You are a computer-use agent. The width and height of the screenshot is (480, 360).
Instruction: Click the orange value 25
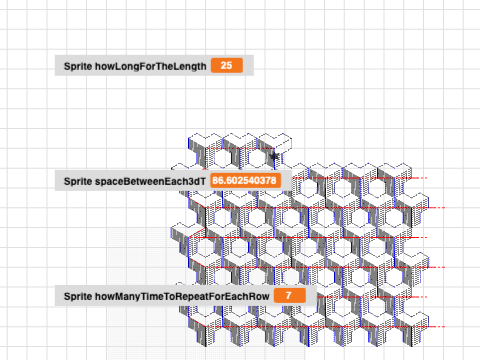point(226,66)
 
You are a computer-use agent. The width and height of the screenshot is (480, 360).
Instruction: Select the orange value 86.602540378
point(245,180)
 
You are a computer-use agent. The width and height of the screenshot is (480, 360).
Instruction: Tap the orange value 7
point(288,297)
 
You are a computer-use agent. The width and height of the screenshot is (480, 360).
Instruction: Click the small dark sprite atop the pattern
point(273,156)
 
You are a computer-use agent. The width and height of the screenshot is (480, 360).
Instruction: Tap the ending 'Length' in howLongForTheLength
point(190,66)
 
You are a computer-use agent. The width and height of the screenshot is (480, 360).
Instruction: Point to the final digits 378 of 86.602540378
point(267,180)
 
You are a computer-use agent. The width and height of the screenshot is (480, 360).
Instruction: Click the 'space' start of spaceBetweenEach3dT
point(110,180)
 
